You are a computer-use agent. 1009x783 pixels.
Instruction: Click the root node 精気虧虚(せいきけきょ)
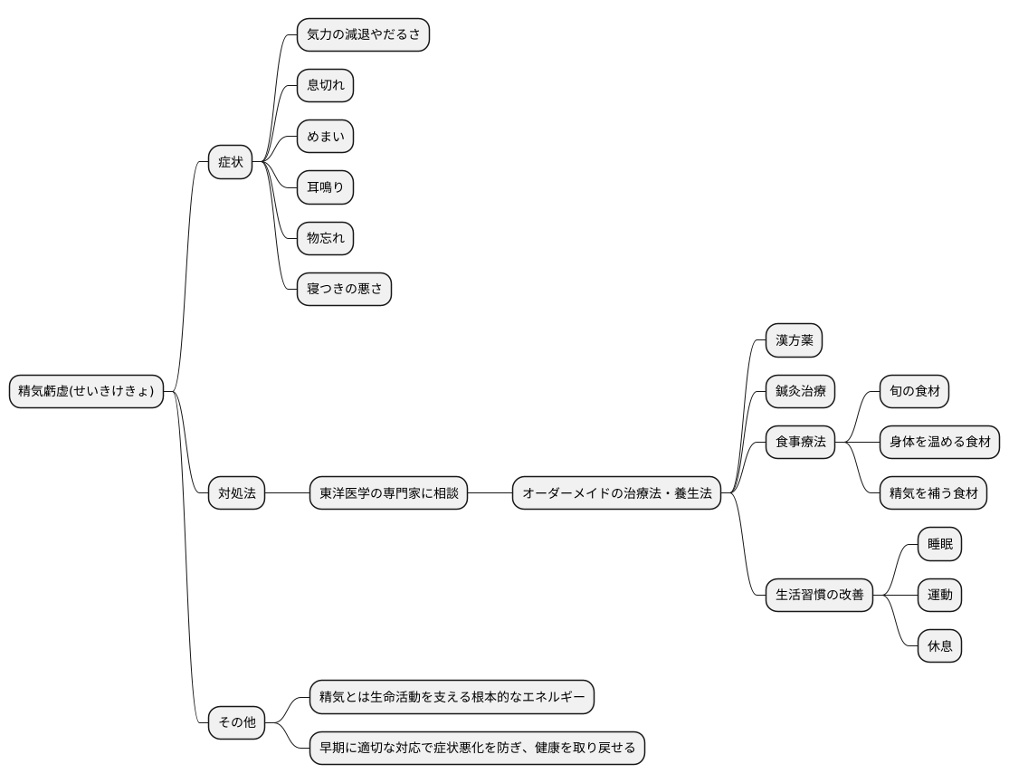[x=87, y=392]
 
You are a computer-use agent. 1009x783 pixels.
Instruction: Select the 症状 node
[x=230, y=162]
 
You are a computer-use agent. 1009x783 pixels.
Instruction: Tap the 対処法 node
[x=237, y=493]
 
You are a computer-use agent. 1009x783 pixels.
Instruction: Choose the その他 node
[x=237, y=722]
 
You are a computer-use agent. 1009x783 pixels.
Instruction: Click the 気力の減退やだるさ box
[x=363, y=35]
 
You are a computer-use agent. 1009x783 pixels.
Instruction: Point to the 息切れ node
[x=325, y=86]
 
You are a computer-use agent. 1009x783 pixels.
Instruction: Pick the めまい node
[x=325, y=137]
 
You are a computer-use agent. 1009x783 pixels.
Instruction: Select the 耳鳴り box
[x=325, y=187]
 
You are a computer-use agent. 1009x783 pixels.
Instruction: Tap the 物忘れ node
[x=325, y=238]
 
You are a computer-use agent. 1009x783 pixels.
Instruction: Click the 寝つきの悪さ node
[x=344, y=289]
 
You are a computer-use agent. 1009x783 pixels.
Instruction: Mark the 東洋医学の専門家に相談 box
[x=389, y=493]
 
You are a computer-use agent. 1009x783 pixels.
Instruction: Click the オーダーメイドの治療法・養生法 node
[x=617, y=493]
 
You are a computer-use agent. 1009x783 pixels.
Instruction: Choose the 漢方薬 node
[x=794, y=340]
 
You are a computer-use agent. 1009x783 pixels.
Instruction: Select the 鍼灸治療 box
[x=800, y=392]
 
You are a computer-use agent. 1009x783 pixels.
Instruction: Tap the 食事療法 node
[x=800, y=443]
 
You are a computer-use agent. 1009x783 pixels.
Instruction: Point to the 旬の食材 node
[x=914, y=392]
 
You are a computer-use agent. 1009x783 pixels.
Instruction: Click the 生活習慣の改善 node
[x=819, y=595]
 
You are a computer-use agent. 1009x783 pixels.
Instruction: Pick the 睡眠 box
[x=939, y=544]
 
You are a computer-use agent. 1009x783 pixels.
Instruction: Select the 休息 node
[x=939, y=646]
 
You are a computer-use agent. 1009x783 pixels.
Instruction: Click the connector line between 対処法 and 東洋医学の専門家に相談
[x=288, y=493]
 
